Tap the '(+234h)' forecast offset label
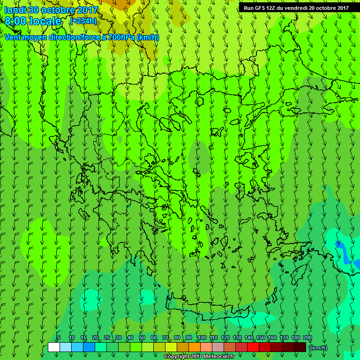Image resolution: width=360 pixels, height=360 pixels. (x=83, y=21)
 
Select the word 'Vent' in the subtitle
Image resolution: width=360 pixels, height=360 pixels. (x=13, y=37)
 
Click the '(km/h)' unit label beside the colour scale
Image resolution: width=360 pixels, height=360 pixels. (x=318, y=347)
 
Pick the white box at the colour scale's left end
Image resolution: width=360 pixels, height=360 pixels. (x=54, y=347)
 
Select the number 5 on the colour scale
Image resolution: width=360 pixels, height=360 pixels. (x=59, y=337)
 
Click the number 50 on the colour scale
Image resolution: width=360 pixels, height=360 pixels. (x=142, y=337)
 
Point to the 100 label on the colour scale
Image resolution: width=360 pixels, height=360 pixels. (x=202, y=337)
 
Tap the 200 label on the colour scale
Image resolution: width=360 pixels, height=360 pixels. (x=307, y=337)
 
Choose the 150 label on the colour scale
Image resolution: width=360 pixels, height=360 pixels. (x=260, y=337)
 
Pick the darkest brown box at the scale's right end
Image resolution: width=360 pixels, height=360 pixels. (x=300, y=347)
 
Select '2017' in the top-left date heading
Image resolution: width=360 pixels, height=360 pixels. (x=87, y=10)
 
